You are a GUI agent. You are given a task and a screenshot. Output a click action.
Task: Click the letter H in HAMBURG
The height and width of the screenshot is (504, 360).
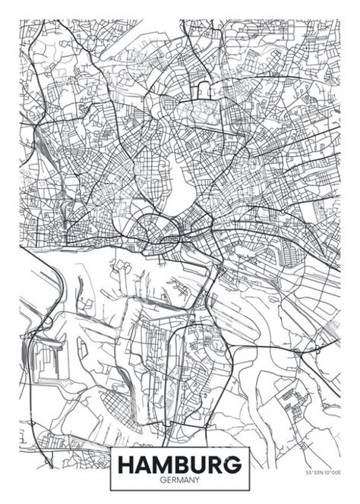pyautogui.click(x=125, y=463)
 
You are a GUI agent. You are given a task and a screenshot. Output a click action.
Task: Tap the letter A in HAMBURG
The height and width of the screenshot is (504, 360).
pyautogui.click(x=144, y=463)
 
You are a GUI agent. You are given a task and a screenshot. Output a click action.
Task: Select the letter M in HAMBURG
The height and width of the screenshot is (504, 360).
pyautogui.click(x=165, y=463)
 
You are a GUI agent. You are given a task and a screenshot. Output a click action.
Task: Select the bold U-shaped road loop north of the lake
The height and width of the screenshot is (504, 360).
pyautogui.click(x=203, y=91)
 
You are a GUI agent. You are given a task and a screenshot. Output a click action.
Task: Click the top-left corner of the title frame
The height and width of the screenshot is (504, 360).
pyautogui.click(x=111, y=448)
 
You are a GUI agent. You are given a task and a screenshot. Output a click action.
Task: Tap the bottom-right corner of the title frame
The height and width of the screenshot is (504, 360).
pyautogui.click(x=251, y=490)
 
